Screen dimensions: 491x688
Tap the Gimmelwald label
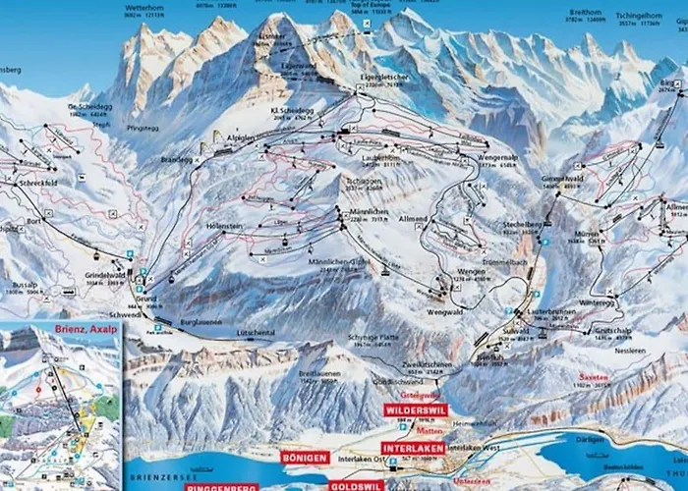pyautogui.click(x=563, y=179)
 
